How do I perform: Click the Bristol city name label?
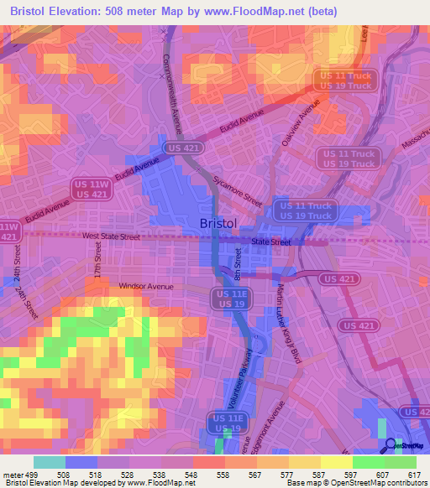(x=219, y=223)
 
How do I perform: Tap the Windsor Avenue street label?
(x=145, y=287)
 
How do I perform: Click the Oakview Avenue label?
(x=302, y=124)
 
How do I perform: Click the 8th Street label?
(x=239, y=270)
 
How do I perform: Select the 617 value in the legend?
(x=414, y=475)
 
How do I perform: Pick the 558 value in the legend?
(x=223, y=475)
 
